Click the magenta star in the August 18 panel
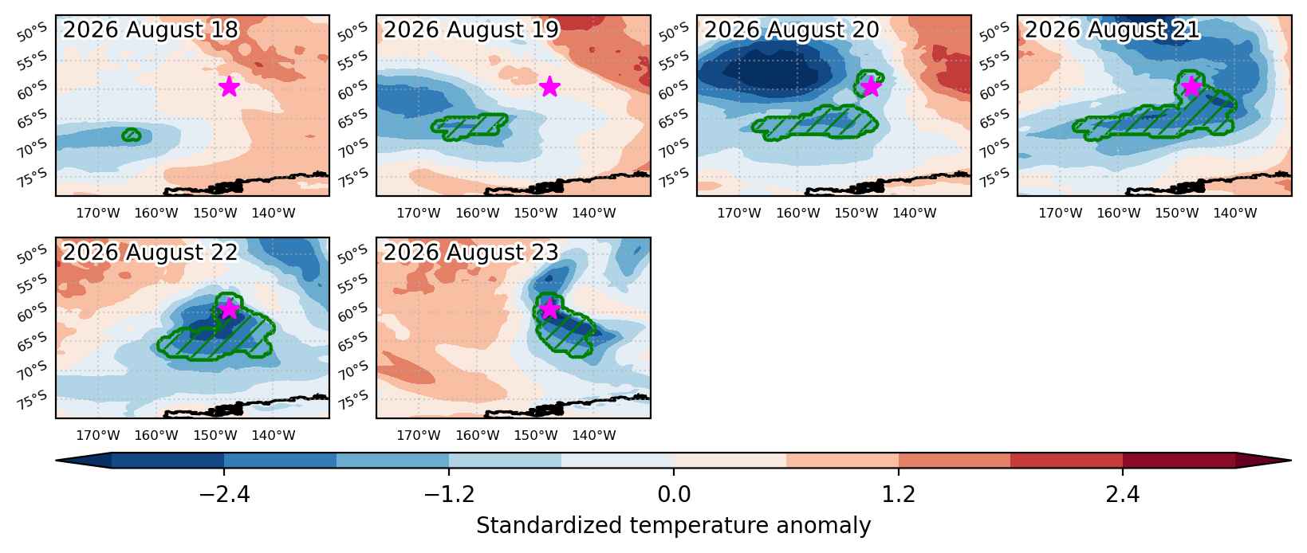[230, 86]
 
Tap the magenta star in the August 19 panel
[549, 86]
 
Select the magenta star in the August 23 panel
[549, 308]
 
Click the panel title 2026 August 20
[791, 29]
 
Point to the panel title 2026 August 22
[150, 252]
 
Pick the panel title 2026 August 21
[1112, 29]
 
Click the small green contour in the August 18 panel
[132, 135]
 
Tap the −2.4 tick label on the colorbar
[224, 495]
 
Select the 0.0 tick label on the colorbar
[674, 495]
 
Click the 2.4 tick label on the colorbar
[1123, 495]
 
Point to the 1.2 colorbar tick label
[899, 495]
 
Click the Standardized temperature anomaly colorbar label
[673, 526]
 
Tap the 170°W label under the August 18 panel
[98, 213]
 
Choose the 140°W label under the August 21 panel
[1235, 213]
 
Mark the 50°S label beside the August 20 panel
[673, 32]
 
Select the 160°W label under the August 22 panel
[156, 435]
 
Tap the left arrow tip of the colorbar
[57, 461]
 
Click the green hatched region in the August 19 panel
[470, 127]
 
